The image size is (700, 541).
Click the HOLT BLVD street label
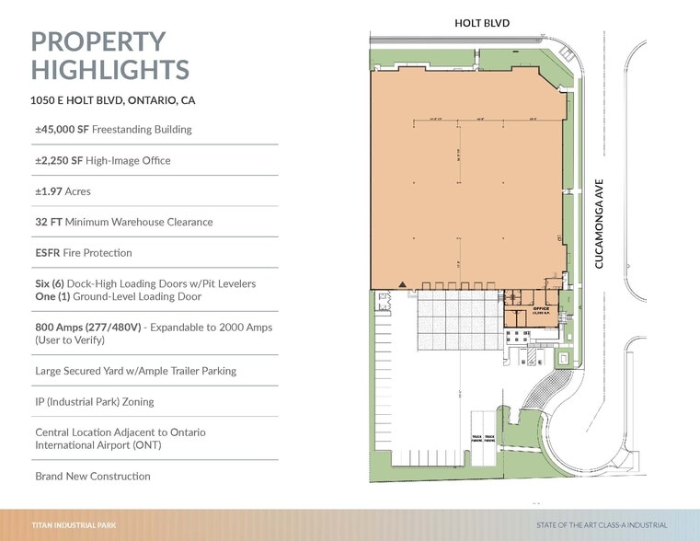point(482,22)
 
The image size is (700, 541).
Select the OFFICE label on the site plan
point(541,309)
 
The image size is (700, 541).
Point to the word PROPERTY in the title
point(98,41)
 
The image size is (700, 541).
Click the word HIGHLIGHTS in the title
point(110,69)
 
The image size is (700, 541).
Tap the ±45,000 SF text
point(62,130)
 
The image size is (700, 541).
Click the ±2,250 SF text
point(58,161)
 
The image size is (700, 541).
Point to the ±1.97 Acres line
point(63,191)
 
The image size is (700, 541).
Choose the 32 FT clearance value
point(50,222)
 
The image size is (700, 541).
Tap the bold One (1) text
point(52,297)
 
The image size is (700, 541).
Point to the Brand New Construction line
point(92,477)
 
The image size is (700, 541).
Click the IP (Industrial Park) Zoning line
point(94,402)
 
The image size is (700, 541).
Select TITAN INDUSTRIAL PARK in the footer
point(74,525)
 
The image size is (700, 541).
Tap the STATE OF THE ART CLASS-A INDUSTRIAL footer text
point(602,525)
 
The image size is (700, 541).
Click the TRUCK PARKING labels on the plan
point(483,438)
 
